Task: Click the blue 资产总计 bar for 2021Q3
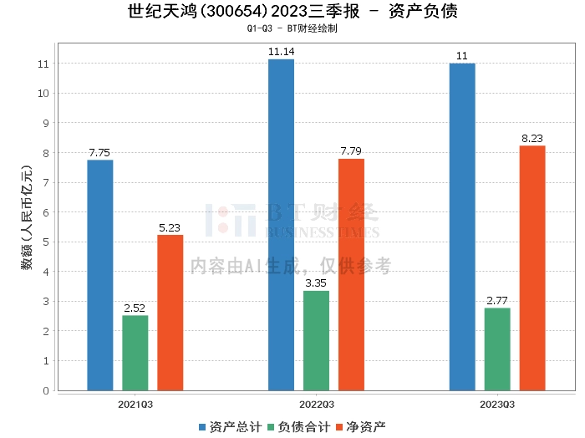click(100, 275)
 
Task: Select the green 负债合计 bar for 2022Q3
click(316, 341)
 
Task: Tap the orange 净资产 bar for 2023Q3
click(532, 268)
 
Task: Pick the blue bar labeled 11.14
click(282, 225)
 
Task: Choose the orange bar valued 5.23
click(170, 313)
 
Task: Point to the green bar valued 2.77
click(497, 349)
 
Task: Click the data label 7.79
click(351, 151)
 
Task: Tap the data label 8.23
click(532, 139)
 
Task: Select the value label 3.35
click(316, 283)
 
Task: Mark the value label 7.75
click(99, 153)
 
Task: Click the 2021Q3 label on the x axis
click(135, 405)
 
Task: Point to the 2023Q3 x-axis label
click(497, 405)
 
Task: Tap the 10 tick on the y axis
click(43, 94)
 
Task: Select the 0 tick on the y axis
click(46, 390)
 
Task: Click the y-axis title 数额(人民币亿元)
click(27, 217)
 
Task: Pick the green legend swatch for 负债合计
click(272, 427)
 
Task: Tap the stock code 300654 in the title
click(233, 11)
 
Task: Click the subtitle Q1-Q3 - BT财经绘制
click(292, 28)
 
